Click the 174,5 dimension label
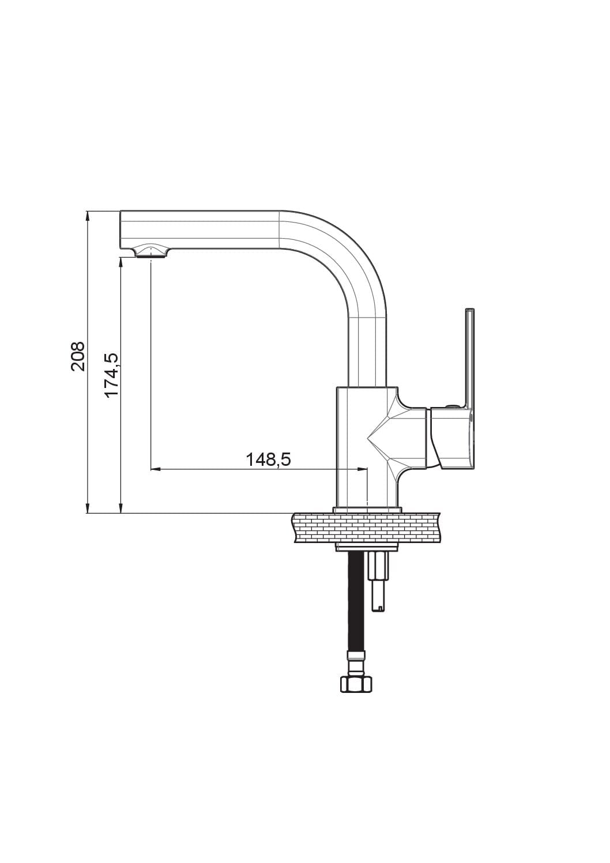[112, 375]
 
